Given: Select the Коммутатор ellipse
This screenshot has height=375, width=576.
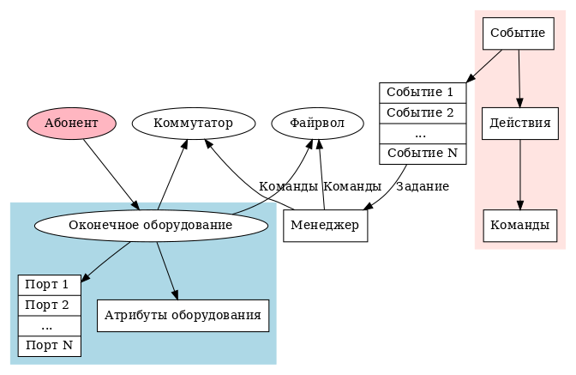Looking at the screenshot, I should click(x=193, y=124).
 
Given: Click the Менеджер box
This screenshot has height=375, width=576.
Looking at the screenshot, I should click(x=326, y=226).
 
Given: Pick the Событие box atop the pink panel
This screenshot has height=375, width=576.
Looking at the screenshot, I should click(x=519, y=33).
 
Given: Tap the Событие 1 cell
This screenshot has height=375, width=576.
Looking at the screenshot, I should click(x=422, y=92).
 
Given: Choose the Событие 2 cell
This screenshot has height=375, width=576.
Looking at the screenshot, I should click(x=422, y=112).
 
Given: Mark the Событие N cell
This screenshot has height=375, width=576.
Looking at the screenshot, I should click(x=422, y=154).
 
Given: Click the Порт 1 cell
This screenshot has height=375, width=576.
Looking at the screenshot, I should click(x=49, y=284).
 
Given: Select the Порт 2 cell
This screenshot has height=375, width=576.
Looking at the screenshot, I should click(x=49, y=305).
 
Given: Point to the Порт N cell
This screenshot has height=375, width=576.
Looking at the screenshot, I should click(x=49, y=346).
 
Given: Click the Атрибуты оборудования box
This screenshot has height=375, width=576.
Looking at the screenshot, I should click(x=183, y=315).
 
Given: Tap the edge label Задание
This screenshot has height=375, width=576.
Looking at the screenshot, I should click(x=423, y=186).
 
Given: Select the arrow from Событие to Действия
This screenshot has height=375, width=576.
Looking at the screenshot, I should click(x=519, y=77).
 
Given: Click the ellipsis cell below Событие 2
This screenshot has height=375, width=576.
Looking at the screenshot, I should click(x=422, y=134).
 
